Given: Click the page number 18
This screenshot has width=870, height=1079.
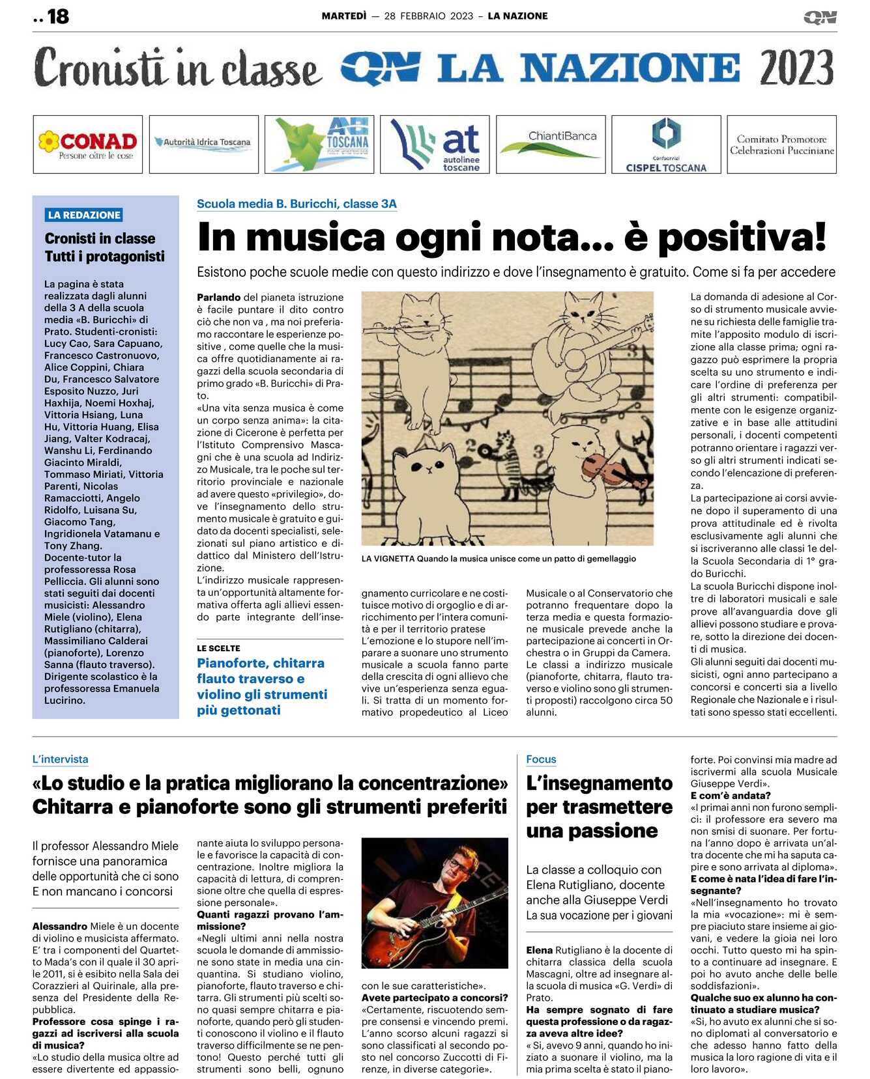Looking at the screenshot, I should [x=57, y=16].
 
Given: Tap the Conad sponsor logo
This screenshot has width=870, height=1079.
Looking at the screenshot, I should [x=88, y=145].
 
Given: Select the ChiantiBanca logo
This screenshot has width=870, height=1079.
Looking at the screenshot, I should [x=551, y=145].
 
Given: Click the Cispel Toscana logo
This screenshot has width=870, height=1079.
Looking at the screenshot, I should [x=666, y=145].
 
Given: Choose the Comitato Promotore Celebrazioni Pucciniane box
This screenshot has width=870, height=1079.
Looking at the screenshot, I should [x=781, y=145].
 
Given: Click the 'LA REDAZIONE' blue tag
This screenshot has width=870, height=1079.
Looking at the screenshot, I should [x=84, y=215].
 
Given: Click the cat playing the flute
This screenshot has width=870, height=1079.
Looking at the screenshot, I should [x=422, y=339].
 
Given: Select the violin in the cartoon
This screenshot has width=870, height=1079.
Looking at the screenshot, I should [x=603, y=469].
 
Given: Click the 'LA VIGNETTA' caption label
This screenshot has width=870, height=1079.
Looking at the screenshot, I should [x=388, y=559].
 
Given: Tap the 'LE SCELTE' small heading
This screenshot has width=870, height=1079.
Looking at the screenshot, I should [x=218, y=649].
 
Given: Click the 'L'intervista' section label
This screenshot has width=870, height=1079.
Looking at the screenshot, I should [x=60, y=759].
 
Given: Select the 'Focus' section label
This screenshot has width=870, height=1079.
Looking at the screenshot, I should [x=541, y=759].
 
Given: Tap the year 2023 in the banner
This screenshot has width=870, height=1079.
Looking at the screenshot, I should [x=796, y=68].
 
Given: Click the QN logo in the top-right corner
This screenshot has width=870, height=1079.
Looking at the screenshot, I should [x=820, y=18].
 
